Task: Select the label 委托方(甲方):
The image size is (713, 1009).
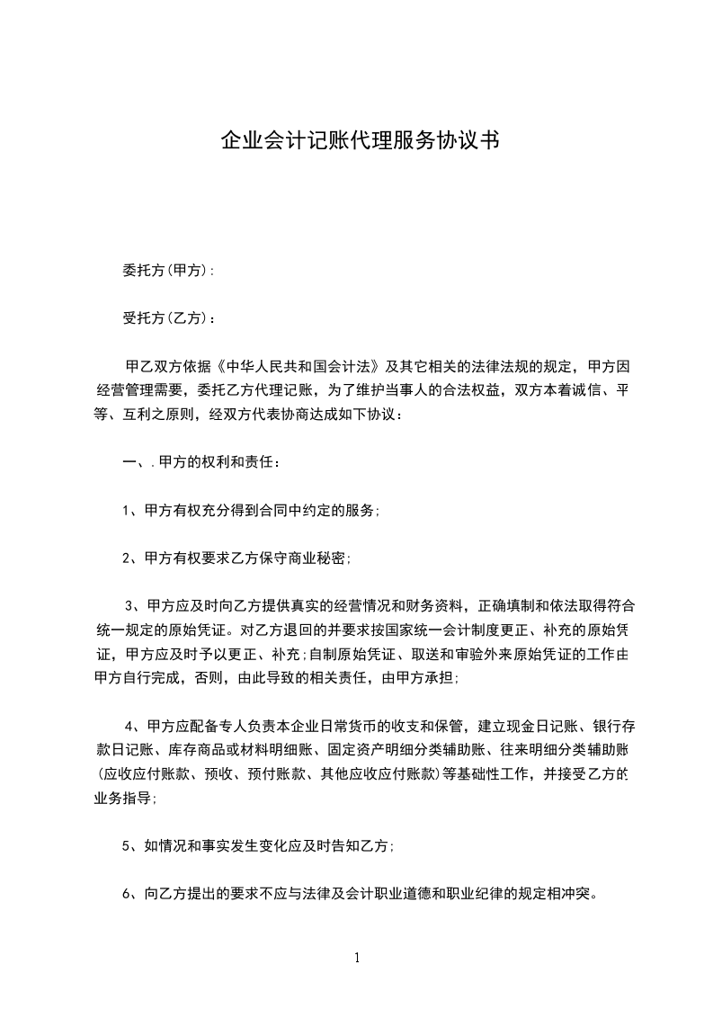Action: click(168, 271)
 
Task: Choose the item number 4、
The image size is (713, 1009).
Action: click(134, 725)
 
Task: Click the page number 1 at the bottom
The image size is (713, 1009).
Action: click(357, 958)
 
